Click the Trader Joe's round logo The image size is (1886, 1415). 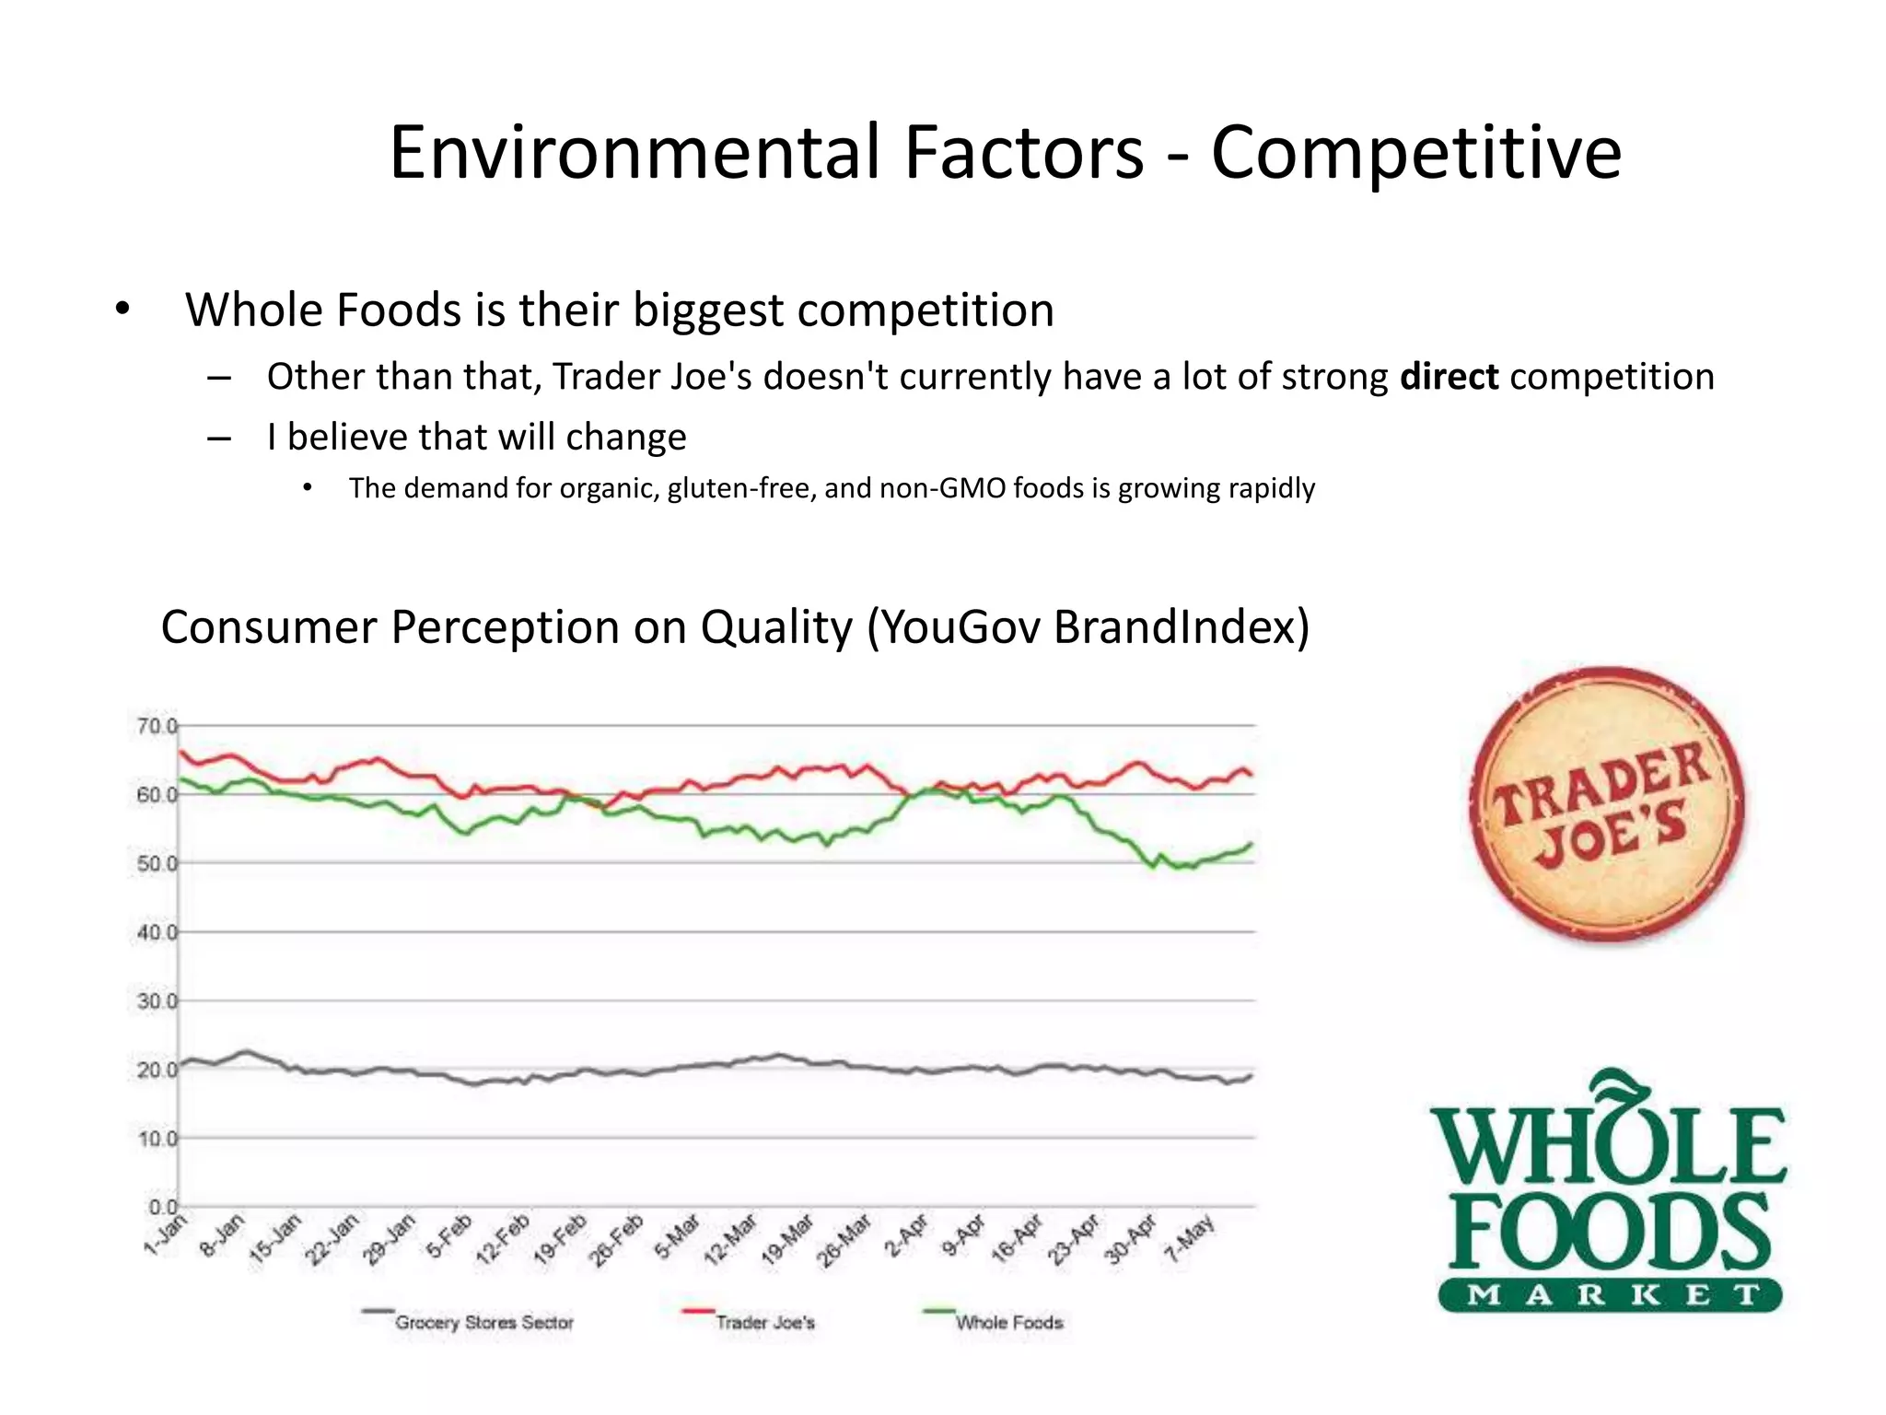[1606, 803]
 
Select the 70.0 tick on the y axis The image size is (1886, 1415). [157, 726]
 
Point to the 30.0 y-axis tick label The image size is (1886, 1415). [157, 1000]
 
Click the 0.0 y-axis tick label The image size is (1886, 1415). [162, 1207]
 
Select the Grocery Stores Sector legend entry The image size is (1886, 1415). [483, 1323]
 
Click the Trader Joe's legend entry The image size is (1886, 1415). [764, 1323]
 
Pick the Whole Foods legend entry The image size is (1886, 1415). [1008, 1323]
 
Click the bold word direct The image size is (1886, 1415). [1449, 377]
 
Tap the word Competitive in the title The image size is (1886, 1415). [1415, 152]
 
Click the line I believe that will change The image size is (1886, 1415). [476, 437]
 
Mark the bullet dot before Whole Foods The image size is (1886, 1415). [122, 310]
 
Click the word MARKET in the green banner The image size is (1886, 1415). [1610, 1294]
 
